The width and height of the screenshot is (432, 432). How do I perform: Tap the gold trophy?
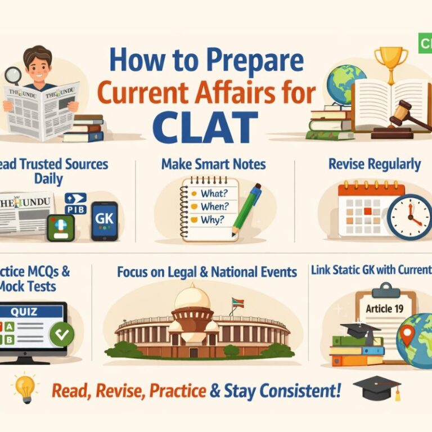click(x=390, y=60)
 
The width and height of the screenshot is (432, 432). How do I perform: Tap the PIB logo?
click(x=76, y=203)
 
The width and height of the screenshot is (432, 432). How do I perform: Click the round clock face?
click(x=409, y=218)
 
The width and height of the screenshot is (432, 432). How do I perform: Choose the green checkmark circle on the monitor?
click(x=61, y=335)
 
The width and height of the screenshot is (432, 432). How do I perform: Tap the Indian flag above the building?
click(x=237, y=303)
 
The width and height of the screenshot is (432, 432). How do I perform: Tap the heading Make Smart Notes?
click(x=213, y=164)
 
